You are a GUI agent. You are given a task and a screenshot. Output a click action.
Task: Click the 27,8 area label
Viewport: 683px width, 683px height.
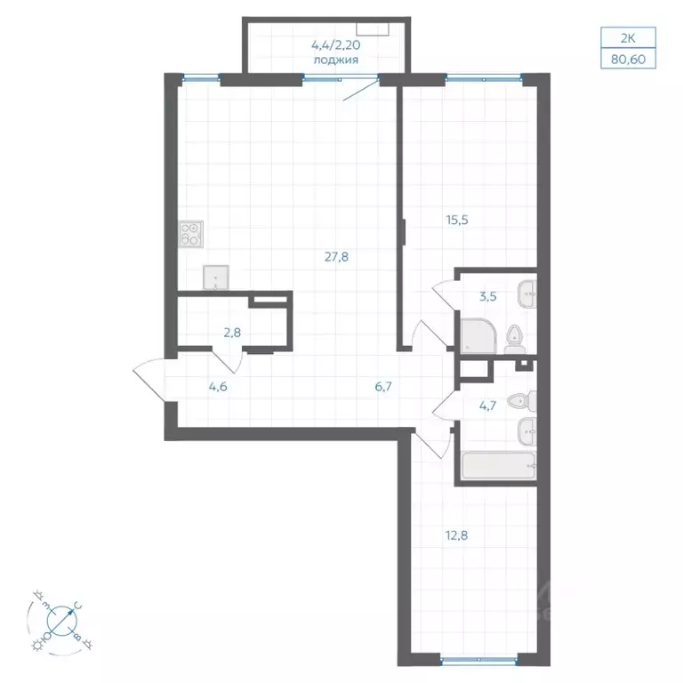[x=336, y=257]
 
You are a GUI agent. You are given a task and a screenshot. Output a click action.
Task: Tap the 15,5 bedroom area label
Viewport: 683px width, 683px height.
[x=457, y=220]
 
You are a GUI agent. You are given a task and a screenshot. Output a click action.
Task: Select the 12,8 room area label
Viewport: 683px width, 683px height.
[x=456, y=535]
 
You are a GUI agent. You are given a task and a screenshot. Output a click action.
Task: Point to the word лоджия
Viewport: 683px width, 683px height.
[x=336, y=60]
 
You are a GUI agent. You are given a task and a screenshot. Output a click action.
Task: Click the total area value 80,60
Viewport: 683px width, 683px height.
[x=628, y=59]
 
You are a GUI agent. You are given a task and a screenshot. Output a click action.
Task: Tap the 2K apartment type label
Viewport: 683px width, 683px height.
[x=628, y=38]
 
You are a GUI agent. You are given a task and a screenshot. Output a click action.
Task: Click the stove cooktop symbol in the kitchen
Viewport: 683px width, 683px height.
[x=191, y=235]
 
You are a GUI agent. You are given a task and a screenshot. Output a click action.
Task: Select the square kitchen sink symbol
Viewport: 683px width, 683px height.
[x=215, y=277]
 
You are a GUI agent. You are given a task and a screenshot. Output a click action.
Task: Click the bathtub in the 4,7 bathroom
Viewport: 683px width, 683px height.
[x=499, y=466]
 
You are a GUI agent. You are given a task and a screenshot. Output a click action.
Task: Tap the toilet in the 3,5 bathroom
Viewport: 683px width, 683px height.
[x=515, y=340]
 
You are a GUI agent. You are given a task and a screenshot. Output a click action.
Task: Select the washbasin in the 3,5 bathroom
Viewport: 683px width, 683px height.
[x=527, y=294]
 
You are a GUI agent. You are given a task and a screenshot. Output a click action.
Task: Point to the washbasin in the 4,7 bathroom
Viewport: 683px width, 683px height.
[x=527, y=431]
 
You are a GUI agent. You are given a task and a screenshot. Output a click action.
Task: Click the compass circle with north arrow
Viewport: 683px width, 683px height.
[x=62, y=620]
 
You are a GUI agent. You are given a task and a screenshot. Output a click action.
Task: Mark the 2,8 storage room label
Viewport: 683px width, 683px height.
[x=232, y=333]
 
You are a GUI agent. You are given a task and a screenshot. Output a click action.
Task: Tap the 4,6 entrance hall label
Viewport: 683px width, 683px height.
[x=218, y=387]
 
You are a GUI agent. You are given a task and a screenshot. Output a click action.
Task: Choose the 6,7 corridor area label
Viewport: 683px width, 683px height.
[x=383, y=387]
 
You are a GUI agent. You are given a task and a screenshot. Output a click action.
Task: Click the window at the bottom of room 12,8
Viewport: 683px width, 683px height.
[x=478, y=660]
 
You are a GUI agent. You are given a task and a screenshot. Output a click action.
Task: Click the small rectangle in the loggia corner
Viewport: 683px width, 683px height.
[x=373, y=28]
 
